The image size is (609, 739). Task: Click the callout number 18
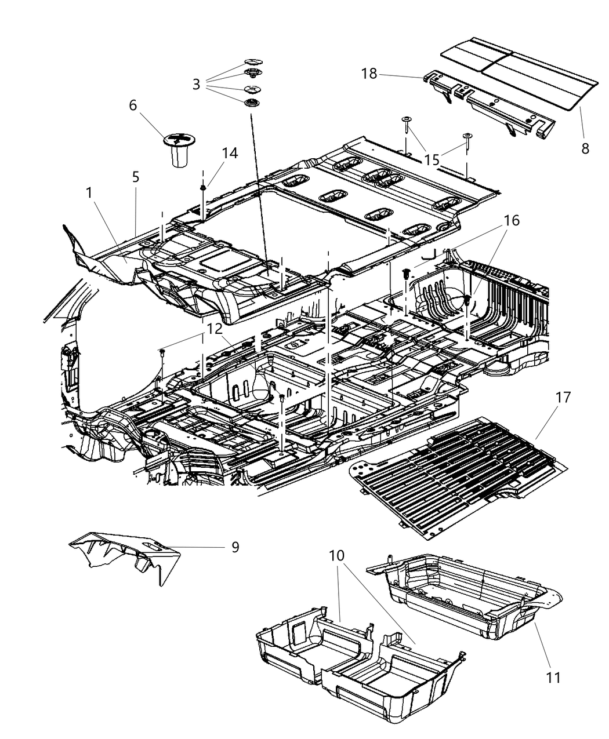point(369,74)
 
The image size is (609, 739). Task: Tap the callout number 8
point(585,148)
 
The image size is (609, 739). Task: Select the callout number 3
point(197,85)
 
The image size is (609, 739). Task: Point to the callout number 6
point(133,105)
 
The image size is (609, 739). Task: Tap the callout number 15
point(432,159)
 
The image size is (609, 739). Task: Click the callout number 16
point(512,221)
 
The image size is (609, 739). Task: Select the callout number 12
point(215,329)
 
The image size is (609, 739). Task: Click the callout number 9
point(235,547)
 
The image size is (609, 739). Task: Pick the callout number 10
point(336,555)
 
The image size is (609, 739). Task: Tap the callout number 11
point(554,676)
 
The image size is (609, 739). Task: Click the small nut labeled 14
point(204,188)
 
